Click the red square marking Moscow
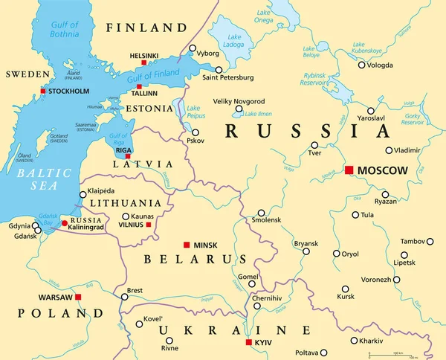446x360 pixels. pos(349,170)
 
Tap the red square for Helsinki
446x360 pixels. pos(143,63)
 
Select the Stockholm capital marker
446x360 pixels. pos(43,91)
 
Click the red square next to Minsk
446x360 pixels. pos(186,245)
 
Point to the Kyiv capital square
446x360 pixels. pos(248,342)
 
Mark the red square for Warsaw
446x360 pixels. pos(78,297)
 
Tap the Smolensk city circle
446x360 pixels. pos(261,212)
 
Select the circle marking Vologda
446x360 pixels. pos(362,65)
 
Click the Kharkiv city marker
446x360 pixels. pos(354,341)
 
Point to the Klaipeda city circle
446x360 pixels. pos(83,195)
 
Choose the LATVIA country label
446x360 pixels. pos(143,164)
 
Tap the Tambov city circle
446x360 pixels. pos(430,242)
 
